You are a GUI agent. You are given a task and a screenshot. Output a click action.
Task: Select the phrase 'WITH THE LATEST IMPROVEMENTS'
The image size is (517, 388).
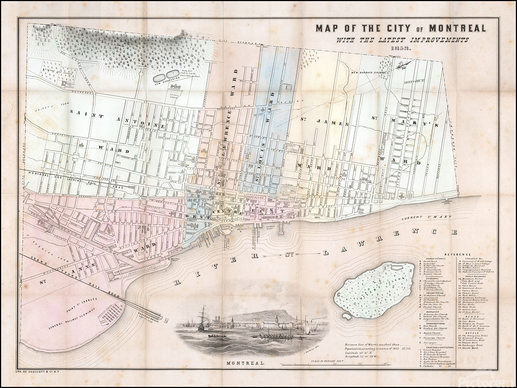click(399, 40)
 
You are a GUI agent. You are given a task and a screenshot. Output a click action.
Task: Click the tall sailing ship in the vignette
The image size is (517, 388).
click(202, 319)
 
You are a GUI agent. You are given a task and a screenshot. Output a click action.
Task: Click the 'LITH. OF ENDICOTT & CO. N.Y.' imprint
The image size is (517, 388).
click(45, 374)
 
